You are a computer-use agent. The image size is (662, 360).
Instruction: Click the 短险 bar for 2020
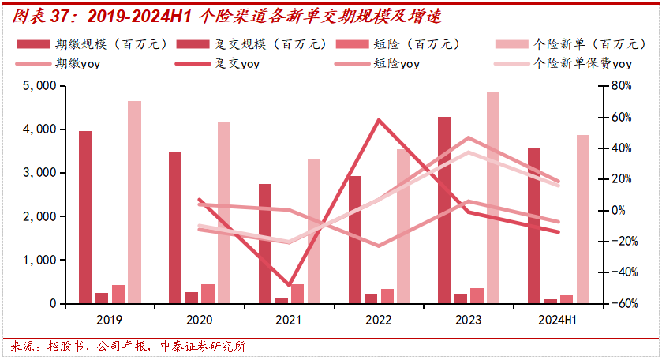tap(208, 294)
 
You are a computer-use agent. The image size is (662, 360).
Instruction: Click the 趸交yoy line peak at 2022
tap(380, 120)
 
